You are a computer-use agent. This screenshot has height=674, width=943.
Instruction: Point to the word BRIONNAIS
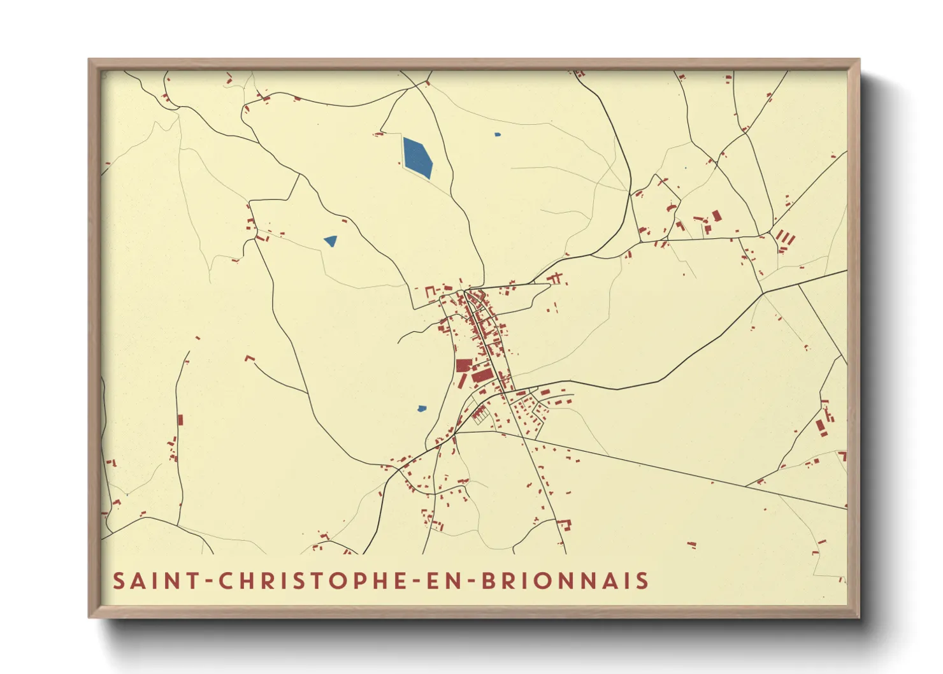565,581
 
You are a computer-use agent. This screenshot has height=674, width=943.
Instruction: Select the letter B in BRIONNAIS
489,581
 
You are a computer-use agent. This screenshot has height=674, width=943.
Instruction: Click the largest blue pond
417,158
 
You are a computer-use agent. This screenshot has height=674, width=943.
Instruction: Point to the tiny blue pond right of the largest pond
498,134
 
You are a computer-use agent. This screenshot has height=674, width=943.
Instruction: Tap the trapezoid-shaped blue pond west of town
331,241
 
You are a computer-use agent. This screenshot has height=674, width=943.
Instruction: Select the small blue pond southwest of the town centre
421,408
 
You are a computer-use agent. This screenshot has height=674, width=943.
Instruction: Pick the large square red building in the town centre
464,365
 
